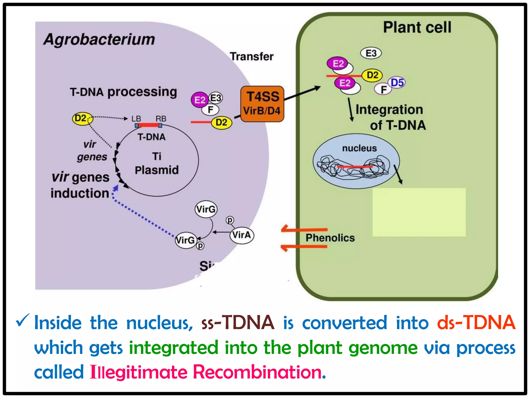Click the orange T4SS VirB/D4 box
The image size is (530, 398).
(x=262, y=104)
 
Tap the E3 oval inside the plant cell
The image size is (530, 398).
(x=371, y=53)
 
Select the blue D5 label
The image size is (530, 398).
(x=397, y=83)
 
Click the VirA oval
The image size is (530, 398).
(x=242, y=235)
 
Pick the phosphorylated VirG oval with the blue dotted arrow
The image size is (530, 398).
(x=185, y=240)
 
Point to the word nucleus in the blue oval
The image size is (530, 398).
(x=359, y=148)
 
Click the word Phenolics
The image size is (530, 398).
(x=330, y=238)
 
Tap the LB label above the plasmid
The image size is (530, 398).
(x=136, y=119)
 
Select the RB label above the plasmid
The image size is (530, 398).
(x=161, y=119)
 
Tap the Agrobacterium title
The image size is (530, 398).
(x=99, y=39)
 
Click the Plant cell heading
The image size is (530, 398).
(x=417, y=27)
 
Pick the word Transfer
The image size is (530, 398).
(x=252, y=56)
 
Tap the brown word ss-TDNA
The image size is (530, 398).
(x=238, y=323)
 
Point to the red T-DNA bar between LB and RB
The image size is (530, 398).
(x=148, y=125)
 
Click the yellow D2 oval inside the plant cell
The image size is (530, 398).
(x=372, y=75)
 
